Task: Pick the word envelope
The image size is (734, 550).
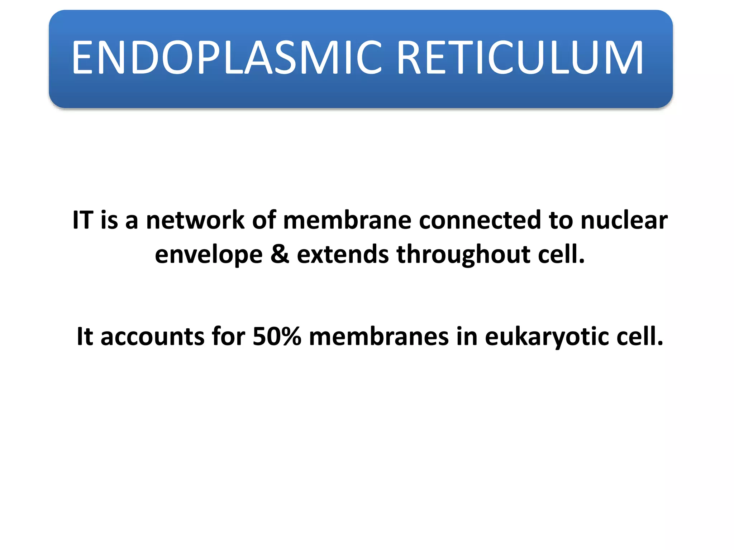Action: (209, 255)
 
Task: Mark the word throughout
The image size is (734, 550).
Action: (463, 255)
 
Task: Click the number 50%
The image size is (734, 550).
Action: (277, 337)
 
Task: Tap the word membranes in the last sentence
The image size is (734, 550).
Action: (378, 337)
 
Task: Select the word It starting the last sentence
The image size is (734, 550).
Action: (85, 337)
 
